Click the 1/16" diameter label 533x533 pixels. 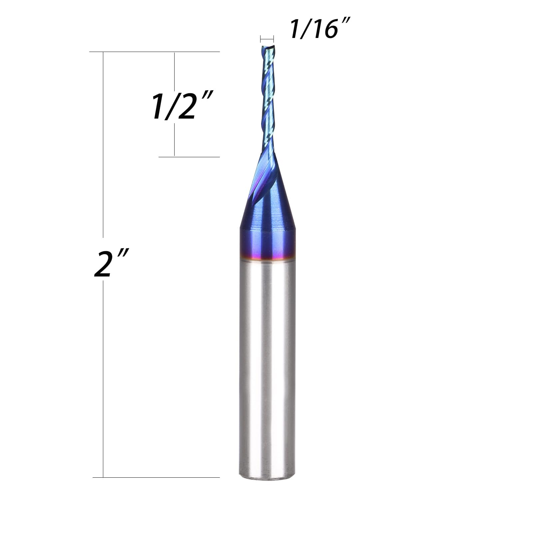pyautogui.click(x=319, y=29)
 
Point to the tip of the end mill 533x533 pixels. pyautogui.click(x=267, y=47)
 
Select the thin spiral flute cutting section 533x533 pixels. pyautogui.click(x=267, y=100)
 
